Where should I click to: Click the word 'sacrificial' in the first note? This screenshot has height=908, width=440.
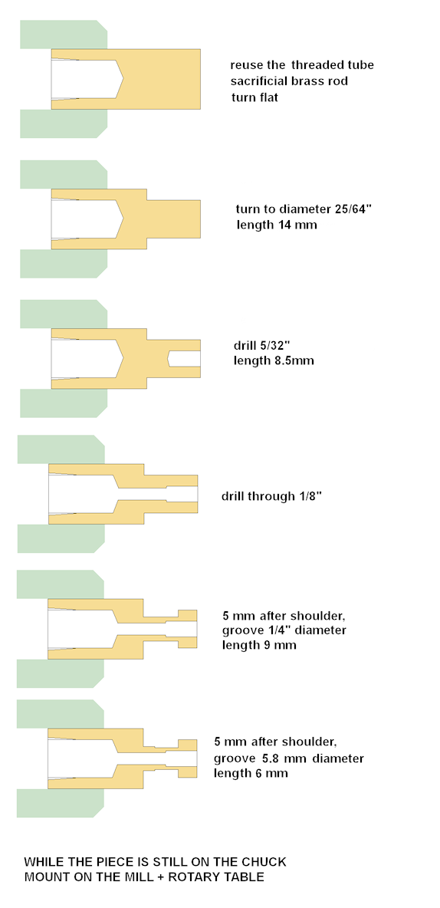(261, 81)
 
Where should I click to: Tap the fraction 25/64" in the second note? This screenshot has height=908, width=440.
(346, 209)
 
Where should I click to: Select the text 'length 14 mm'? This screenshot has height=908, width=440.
(277, 225)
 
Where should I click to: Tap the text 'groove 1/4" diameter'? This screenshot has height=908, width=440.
(284, 630)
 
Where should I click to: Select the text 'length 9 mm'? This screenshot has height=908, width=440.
(259, 645)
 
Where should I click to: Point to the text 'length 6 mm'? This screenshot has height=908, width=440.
(251, 773)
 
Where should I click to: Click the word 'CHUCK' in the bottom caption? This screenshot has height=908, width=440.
(266, 862)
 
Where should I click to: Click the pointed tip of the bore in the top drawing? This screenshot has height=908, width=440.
(123, 79)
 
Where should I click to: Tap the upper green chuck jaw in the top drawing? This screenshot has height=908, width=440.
(64, 35)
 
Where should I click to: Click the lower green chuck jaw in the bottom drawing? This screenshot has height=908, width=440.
(61, 803)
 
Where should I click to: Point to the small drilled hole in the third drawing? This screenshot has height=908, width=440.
(184, 358)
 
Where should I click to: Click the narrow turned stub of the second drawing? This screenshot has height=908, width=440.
(173, 219)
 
